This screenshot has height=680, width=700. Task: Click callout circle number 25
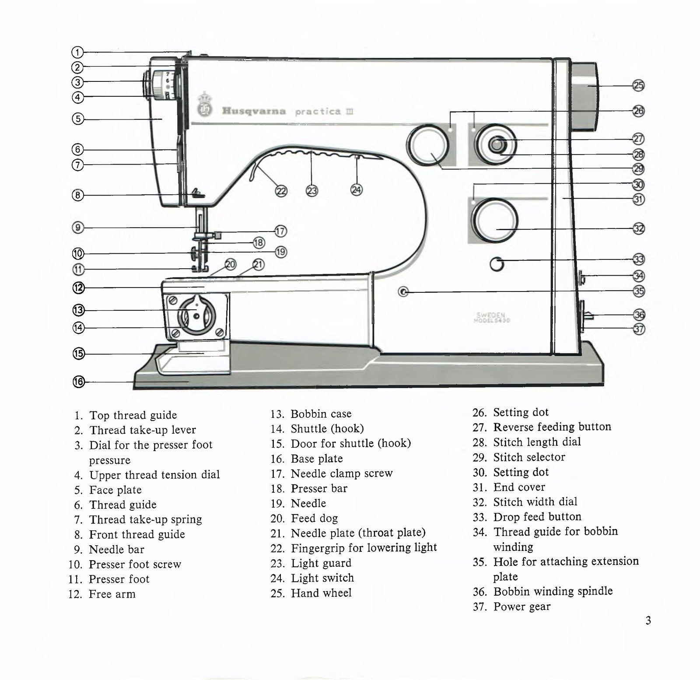(639, 86)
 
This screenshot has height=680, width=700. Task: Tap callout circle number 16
(78, 382)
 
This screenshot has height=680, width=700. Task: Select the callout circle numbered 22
(281, 191)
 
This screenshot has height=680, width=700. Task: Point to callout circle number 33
(639, 259)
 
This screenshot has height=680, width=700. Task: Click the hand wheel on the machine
(584, 97)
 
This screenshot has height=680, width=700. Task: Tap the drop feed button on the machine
(497, 264)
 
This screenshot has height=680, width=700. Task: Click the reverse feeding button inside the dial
(496, 144)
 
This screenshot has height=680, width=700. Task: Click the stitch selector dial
(427, 145)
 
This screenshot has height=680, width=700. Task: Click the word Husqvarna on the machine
(254, 111)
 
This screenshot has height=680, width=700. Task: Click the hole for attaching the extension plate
(404, 291)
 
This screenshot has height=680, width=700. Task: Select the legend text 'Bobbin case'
(321, 414)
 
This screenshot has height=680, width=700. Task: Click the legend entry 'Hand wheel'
(321, 593)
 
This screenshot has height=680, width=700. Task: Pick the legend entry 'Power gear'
(521, 606)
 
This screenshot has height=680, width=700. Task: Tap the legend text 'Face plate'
(115, 490)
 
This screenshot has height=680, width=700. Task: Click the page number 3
(648, 620)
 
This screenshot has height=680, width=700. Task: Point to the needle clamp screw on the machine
(217, 235)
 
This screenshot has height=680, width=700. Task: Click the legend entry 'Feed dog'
(314, 518)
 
